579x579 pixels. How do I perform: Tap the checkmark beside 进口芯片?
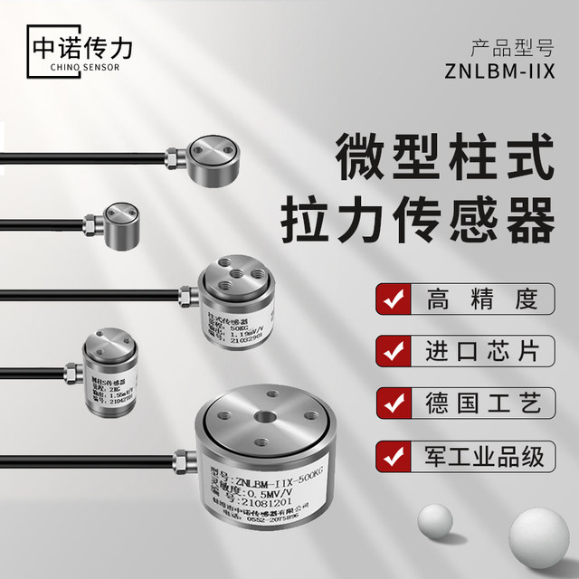click(x=391, y=351)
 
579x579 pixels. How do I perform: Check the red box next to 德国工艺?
click(x=391, y=403)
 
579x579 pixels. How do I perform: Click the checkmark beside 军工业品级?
click(x=391, y=455)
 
